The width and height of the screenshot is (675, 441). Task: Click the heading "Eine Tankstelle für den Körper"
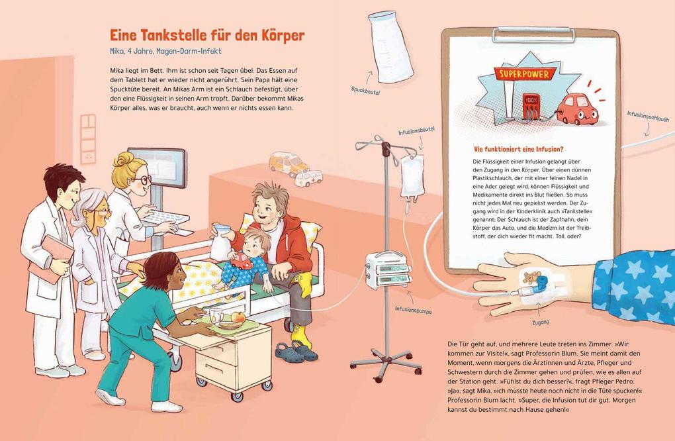click(207, 35)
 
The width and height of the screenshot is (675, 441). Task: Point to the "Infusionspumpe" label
click(413, 310)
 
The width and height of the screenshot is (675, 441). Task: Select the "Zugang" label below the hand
click(541, 322)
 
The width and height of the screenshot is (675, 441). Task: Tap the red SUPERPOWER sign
click(523, 74)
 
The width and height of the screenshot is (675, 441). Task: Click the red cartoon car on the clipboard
click(578, 109)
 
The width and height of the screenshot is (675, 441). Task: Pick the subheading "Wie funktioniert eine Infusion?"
click(519, 150)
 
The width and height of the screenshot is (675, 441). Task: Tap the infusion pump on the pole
click(388, 271)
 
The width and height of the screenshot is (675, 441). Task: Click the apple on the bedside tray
click(238, 317)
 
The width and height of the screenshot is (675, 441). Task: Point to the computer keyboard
click(165, 218)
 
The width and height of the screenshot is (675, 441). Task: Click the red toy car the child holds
click(240, 260)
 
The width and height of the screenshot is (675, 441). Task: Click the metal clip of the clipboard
click(533, 34)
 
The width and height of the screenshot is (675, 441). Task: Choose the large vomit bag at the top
click(390, 46)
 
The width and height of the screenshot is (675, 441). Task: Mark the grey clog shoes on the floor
click(296, 350)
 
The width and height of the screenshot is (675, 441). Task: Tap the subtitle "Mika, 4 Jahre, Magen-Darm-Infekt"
click(165, 51)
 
